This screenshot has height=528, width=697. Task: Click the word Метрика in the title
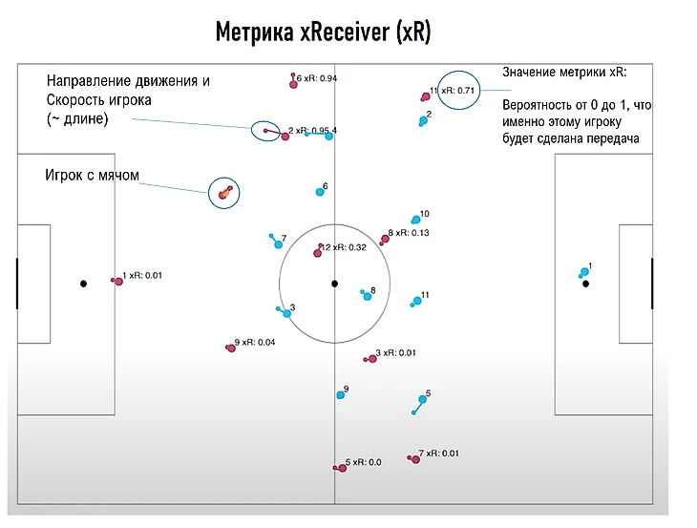(x=252, y=33)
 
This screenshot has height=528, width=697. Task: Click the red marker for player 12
(x=318, y=253)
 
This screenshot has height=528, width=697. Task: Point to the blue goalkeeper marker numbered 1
(x=583, y=274)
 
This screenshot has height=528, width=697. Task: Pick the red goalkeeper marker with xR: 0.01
(x=115, y=280)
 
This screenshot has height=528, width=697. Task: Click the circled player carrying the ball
(x=223, y=194)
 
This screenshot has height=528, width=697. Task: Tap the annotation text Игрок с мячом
(x=93, y=176)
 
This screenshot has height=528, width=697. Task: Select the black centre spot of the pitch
(x=334, y=284)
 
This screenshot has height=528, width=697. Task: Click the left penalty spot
(x=83, y=284)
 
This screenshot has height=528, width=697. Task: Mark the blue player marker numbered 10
(x=415, y=220)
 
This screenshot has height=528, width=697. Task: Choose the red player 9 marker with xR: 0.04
(x=230, y=348)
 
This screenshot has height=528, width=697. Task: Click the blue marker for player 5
(x=422, y=400)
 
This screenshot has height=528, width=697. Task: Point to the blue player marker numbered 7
(x=278, y=244)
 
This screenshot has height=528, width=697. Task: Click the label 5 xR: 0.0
(x=363, y=462)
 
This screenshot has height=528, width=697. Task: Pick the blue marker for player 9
(x=340, y=394)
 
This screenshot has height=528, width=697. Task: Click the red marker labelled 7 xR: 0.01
(x=414, y=459)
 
